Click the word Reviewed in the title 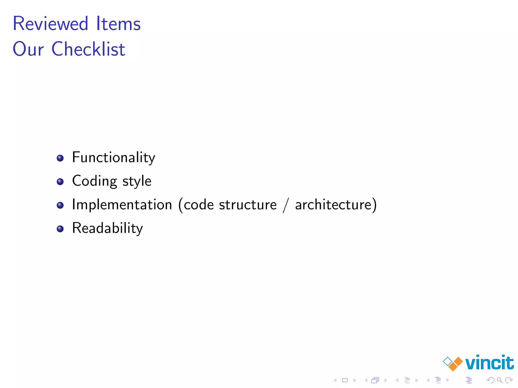click(50, 23)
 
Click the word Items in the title click(118, 23)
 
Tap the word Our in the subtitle click(28, 49)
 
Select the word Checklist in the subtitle click(88, 49)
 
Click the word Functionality click(114, 157)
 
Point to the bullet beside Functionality click(60, 158)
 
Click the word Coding click(95, 181)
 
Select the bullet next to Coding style click(60, 182)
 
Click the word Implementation click(122, 204)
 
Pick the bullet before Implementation click(60, 205)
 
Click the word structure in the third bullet click(248, 205)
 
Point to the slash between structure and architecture click(286, 205)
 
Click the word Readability click(107, 228)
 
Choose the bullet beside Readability click(60, 229)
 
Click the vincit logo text click(489, 363)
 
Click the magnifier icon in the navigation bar click(500, 380)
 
